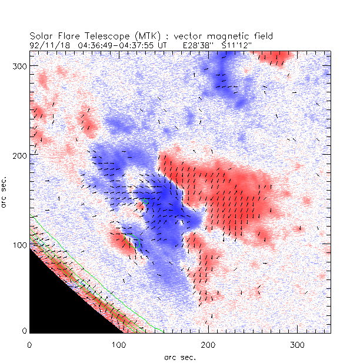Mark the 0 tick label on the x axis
(x=29, y=343)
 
